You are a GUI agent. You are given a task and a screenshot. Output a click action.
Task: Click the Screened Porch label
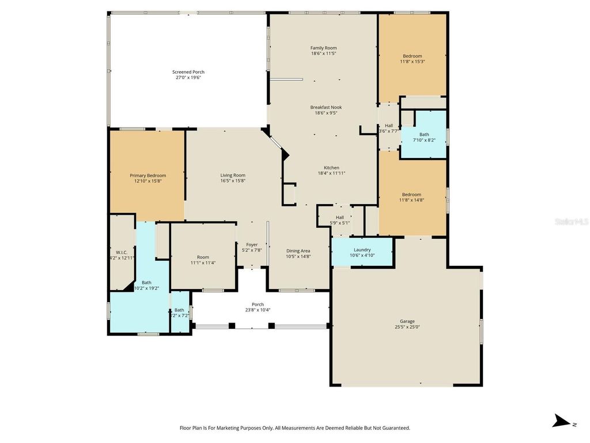188,72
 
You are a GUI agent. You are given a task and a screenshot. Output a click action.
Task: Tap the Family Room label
323,48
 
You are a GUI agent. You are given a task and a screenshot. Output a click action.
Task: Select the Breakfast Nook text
326,107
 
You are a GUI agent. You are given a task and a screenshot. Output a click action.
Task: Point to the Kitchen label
331,168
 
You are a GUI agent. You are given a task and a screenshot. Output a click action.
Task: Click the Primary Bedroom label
147,175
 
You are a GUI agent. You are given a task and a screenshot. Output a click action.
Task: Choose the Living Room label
233,175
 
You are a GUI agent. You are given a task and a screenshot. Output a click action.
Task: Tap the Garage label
407,321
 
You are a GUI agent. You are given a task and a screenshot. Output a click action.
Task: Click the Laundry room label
362,250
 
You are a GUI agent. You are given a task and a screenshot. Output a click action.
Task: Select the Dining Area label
298,250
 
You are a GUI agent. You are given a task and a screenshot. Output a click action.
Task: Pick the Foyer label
252,245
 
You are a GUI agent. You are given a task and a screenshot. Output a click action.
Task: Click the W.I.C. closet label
122,252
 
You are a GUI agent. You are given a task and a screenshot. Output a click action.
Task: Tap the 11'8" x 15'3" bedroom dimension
412,61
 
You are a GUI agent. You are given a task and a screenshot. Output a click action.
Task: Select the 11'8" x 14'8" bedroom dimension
412,200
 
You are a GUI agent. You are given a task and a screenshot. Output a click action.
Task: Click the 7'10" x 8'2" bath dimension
424,140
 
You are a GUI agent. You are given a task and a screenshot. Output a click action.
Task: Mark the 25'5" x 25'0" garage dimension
407,327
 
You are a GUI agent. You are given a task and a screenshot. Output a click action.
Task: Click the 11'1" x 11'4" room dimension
203,263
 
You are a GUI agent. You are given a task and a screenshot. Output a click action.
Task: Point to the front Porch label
258,305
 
